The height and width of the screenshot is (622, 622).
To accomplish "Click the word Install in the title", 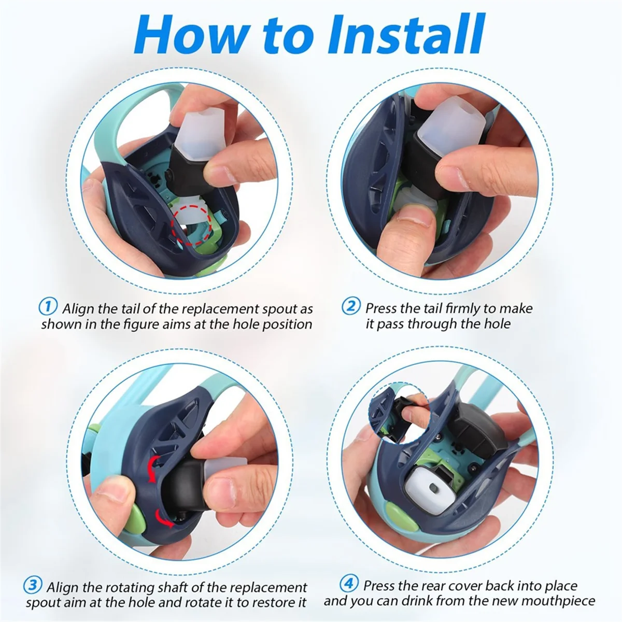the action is pyautogui.click(x=406, y=34).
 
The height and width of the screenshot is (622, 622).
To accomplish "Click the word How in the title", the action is pyautogui.click(x=190, y=34).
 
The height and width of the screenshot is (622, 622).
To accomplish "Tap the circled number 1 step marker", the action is pyautogui.click(x=48, y=306).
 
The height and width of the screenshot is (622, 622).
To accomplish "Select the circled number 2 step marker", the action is pyautogui.click(x=351, y=306).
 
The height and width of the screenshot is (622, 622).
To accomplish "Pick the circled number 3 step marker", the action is pyautogui.click(x=33, y=585).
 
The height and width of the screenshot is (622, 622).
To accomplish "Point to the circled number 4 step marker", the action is pyautogui.click(x=349, y=584).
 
